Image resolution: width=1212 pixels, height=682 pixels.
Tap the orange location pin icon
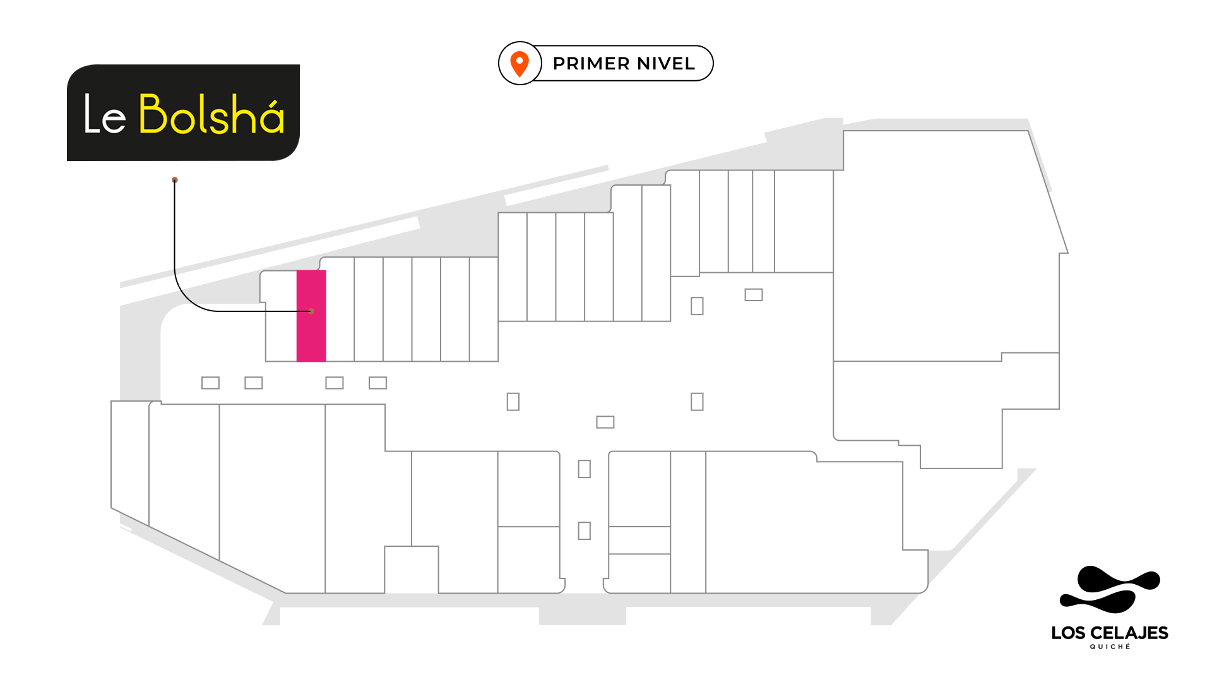point(520,64)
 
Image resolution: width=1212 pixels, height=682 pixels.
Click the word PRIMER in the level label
point(591,64)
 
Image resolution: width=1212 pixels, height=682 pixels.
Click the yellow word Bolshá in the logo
point(211,115)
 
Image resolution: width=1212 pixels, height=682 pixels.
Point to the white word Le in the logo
point(105,116)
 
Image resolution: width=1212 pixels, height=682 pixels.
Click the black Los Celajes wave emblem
point(1109,590)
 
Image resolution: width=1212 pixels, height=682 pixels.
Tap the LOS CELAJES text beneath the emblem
point(1109,633)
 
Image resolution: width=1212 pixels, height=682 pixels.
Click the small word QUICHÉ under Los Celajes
point(1110,647)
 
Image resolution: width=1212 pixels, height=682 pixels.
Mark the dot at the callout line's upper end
point(175,180)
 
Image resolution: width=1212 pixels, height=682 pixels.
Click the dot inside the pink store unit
point(311,311)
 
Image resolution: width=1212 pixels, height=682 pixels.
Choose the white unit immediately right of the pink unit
point(340,309)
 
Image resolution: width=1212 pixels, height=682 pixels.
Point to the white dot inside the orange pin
point(520,61)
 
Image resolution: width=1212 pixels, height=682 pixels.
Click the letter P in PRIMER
point(559,64)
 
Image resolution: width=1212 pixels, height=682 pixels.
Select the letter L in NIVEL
point(690,64)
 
